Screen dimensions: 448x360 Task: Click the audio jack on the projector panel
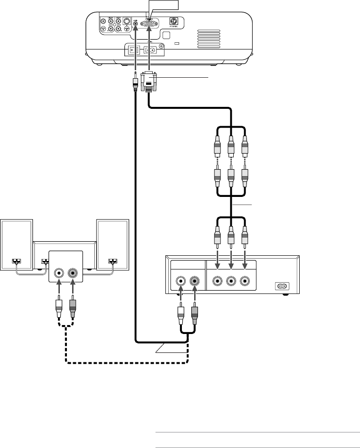coord(136,23)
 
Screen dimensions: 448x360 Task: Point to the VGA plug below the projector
coord(149,82)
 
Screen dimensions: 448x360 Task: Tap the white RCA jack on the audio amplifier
coord(59,273)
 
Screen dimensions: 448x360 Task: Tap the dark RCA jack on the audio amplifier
coord(73,273)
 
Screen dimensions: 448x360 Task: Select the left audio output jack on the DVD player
coord(180,282)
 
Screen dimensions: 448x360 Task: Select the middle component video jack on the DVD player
coord(231,282)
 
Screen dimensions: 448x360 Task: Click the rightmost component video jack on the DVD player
coord(244,282)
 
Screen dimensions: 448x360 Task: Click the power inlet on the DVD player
coord(282,285)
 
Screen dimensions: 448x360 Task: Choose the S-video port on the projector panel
coord(126,21)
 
